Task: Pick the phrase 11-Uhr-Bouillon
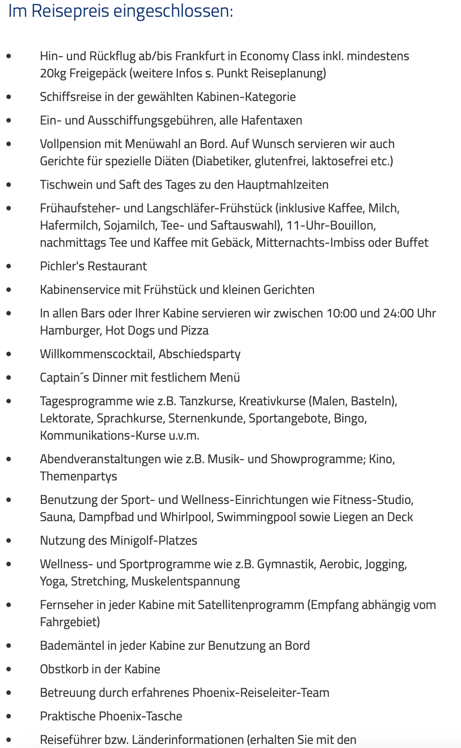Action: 331,225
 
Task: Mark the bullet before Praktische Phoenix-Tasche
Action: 9,716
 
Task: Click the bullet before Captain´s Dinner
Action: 9,378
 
